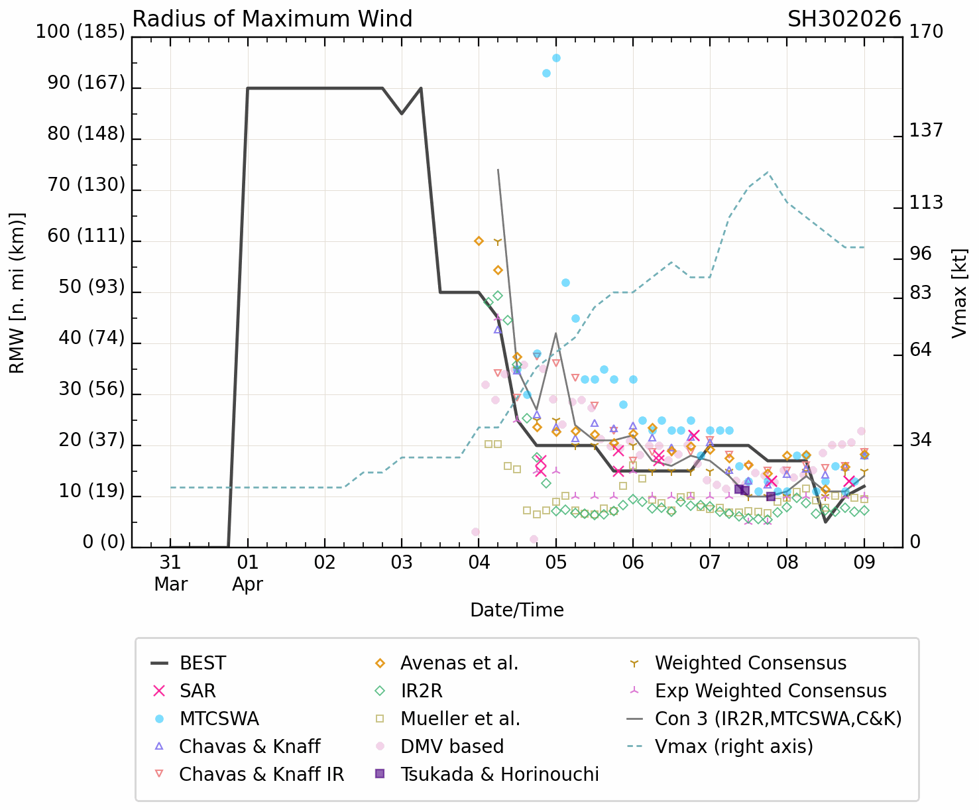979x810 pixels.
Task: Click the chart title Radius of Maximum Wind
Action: tap(272, 19)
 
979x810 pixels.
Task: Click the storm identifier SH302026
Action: tap(844, 19)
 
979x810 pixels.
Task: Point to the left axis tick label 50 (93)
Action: tap(86, 287)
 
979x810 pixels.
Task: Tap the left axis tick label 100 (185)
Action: tap(80, 32)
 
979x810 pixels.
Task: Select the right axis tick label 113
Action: tap(925, 203)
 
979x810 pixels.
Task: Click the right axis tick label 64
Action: tap(920, 350)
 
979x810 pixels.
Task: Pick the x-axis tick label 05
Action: tap(555, 562)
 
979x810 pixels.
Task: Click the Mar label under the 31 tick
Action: tap(170, 585)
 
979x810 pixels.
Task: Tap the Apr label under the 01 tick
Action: tap(247, 585)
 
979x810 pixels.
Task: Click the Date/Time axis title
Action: tap(517, 610)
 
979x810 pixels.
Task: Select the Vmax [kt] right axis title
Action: tap(959, 293)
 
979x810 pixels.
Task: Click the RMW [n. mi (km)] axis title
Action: tap(17, 293)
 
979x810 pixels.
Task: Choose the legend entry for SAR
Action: tap(198, 691)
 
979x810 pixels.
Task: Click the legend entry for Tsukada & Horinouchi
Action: tap(499, 774)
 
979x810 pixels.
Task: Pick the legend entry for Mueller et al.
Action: tap(460, 719)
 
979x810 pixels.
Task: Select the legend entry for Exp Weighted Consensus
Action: tap(770, 691)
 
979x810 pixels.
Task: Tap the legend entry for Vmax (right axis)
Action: tap(734, 746)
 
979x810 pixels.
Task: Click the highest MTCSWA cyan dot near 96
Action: tap(556, 58)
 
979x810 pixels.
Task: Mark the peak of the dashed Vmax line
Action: tap(768, 172)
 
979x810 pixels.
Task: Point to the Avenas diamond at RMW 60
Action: tap(479, 241)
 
